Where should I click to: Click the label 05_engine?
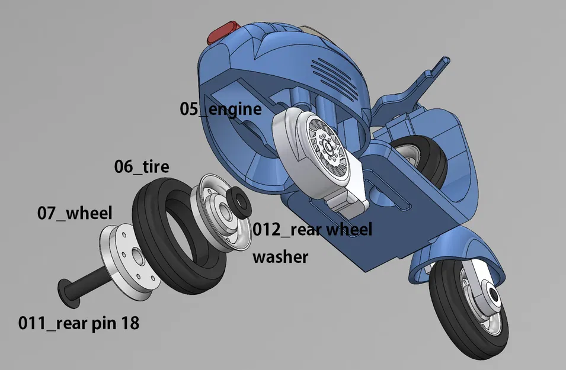tap(220, 110)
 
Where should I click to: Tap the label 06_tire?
tap(142, 167)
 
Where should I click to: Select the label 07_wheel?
tap(75, 212)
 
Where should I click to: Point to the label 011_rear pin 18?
tap(79, 323)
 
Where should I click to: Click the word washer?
tap(280, 257)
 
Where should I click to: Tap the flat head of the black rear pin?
tap(69, 292)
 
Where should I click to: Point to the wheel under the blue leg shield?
tap(422, 157)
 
